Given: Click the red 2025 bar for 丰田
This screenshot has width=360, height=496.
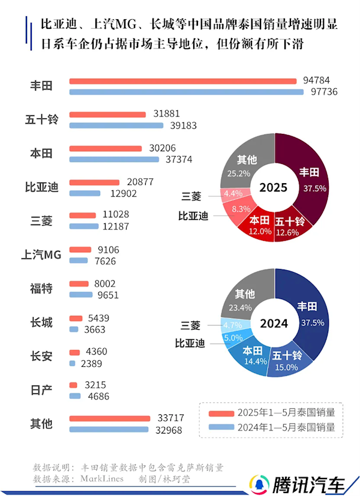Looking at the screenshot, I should [183, 81].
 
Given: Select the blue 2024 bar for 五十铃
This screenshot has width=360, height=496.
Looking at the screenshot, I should [116, 126].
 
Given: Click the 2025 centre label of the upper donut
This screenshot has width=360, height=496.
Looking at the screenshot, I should [274, 187].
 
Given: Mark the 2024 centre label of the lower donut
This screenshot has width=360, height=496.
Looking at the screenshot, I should [274, 323].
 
